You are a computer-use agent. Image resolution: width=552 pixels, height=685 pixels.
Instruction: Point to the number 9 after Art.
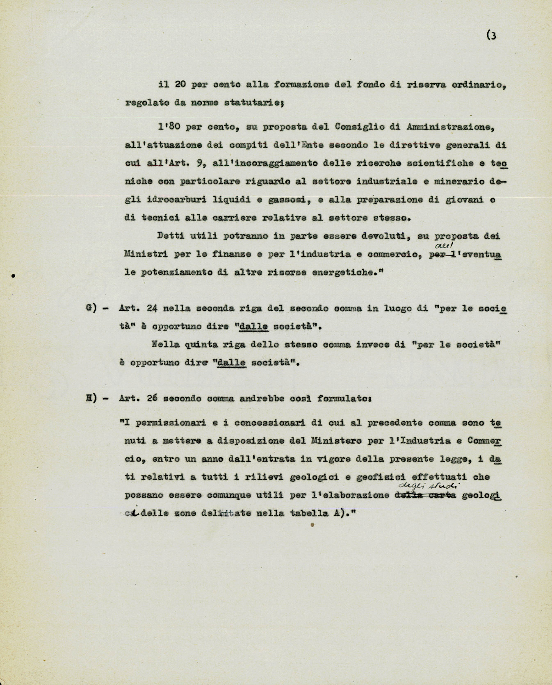pyautogui.click(x=192, y=163)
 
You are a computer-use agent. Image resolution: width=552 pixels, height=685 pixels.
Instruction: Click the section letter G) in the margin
pyautogui.click(x=92, y=309)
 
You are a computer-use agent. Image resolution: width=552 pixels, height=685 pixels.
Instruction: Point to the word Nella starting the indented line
pyautogui.click(x=166, y=345)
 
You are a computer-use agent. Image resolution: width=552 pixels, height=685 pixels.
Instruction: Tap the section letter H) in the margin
pyautogui.click(x=92, y=398)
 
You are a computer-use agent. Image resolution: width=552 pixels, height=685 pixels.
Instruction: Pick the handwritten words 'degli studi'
pyautogui.click(x=429, y=486)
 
